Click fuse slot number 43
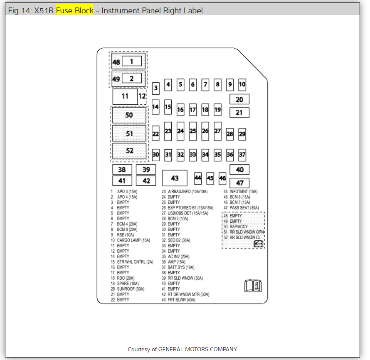tap(175, 178)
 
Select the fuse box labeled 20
tap(239, 99)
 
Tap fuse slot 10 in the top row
tap(242, 85)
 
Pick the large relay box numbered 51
tap(129, 133)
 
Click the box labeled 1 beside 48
tap(131, 62)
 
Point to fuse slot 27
tap(217, 131)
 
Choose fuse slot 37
tap(242, 155)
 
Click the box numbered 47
tap(239, 183)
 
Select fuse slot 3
tap(155, 88)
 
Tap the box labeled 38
tap(122, 170)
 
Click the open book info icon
tap(253, 286)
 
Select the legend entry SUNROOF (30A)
tap(131, 289)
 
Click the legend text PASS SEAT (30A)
tap(244, 208)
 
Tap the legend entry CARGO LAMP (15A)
tap(133, 240)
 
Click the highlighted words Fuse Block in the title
tap(75, 10)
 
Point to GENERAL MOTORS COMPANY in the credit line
tap(197, 349)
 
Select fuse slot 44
tap(198, 178)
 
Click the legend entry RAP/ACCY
tap(239, 227)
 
